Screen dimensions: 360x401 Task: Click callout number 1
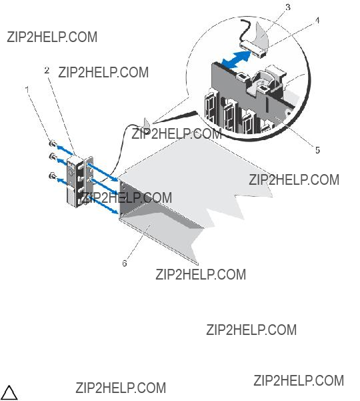pos(27,89)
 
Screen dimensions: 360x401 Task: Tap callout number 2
pos(47,70)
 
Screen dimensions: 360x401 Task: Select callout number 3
pos(288,7)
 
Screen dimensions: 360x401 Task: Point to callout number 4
pos(317,21)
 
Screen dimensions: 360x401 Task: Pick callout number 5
pos(317,150)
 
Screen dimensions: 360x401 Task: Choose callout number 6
pos(125,263)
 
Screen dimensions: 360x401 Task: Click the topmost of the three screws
pos(52,144)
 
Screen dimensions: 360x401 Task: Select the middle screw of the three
pos(53,156)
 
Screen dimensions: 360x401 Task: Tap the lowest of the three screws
pos(52,176)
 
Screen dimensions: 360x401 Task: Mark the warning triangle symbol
pos(9,392)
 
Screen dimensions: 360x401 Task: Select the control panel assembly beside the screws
pos(80,181)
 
